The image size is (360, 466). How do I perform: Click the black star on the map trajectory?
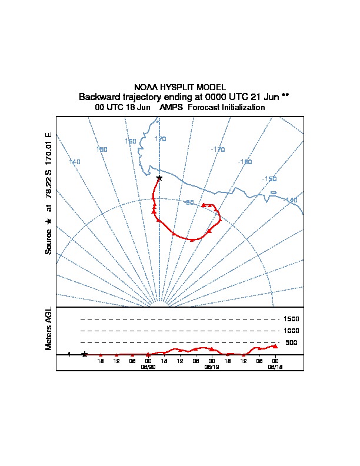pyautogui.click(x=159, y=177)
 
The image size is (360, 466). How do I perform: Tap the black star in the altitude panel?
pyautogui.click(x=85, y=354)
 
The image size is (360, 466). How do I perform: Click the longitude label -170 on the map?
pyautogui.click(x=218, y=149)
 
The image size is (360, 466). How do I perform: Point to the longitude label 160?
pyautogui.click(x=131, y=141)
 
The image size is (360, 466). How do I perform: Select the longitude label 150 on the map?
pyautogui.click(x=102, y=149)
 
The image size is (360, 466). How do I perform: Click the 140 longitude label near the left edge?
pyautogui.click(x=75, y=161)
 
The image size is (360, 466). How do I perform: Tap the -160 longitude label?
pyautogui.click(x=245, y=162)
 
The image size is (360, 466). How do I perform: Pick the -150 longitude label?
pyautogui.click(x=269, y=179)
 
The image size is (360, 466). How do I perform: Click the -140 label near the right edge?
pyautogui.click(x=291, y=201)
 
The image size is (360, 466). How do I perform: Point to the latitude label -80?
pyautogui.click(x=189, y=202)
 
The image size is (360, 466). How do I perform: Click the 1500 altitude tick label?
pyautogui.click(x=291, y=319)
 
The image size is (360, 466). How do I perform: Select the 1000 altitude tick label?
pyautogui.click(x=291, y=331)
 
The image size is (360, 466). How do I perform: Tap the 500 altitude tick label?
pyautogui.click(x=291, y=342)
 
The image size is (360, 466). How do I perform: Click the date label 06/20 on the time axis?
pyautogui.click(x=148, y=366)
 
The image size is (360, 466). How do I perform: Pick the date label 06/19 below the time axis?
pyautogui.click(x=211, y=366)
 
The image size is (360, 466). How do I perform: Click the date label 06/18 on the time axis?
pyautogui.click(x=275, y=366)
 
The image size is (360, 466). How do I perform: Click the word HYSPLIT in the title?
pyautogui.click(x=180, y=87)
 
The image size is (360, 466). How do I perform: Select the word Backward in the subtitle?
pyautogui.click(x=98, y=96)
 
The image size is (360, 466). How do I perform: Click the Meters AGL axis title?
pyautogui.click(x=49, y=328)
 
